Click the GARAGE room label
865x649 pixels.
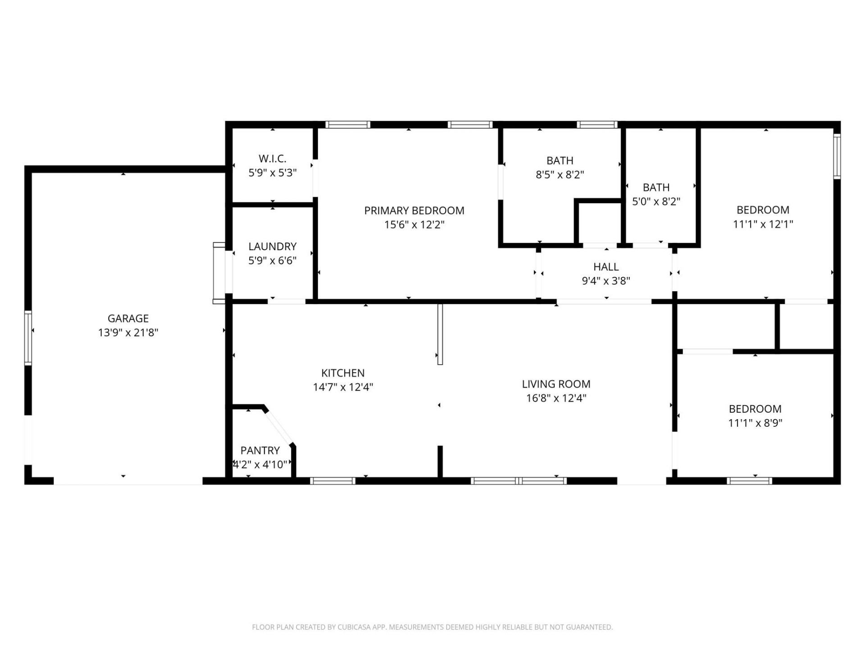128,319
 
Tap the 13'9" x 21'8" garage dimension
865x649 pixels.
128,333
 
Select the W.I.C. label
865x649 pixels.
272,159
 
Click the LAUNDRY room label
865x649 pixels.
272,247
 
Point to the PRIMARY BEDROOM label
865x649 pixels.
414,210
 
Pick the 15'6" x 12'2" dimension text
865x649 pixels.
414,224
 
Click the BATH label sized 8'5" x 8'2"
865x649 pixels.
560,160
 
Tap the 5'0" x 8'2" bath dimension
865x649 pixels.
656,201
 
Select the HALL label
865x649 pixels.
605,267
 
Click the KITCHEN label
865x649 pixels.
343,373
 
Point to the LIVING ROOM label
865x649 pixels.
556,384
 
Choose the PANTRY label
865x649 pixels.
260,450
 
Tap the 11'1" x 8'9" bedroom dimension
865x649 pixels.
755,423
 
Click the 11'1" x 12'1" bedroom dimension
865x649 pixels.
763,224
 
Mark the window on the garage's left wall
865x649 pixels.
28,338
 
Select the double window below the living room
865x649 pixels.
519,481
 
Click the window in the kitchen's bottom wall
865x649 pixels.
333,481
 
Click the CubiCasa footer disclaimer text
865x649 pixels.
432,627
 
